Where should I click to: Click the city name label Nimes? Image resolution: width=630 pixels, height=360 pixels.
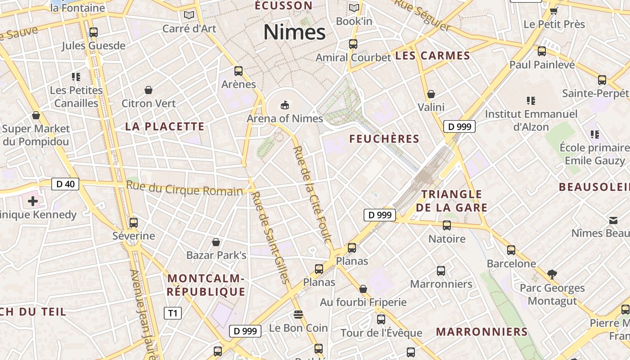pos(294,32)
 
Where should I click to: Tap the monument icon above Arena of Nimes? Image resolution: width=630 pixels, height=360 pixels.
pos(284,105)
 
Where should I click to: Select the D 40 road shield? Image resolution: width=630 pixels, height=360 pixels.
pos(65,184)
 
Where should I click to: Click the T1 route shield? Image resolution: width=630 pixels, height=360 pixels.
pos(173,313)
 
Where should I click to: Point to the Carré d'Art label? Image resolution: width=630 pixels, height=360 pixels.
pos(189,29)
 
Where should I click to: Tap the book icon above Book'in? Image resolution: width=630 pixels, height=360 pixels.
pos(354,8)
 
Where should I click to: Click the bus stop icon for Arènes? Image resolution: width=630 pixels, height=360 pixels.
pos(238,71)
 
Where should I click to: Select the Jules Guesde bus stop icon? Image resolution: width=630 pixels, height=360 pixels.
pos(94,32)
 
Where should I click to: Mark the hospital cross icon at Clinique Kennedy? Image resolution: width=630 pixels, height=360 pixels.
pos(33,201)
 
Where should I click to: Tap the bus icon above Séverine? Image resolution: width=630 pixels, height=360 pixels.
pos(133,223)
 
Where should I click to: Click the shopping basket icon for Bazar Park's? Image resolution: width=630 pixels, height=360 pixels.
pos(216,243)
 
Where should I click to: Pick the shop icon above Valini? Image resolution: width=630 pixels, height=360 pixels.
pos(431,94)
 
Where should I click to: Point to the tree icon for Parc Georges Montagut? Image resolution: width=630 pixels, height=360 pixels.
pos(552,274)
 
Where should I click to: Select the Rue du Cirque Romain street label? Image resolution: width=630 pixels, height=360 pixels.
pos(184,189)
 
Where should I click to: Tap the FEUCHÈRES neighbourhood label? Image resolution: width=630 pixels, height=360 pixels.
pos(384,139)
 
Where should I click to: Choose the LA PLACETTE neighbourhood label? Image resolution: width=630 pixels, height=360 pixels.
pos(165,126)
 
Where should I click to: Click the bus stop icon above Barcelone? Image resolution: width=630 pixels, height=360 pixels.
pos(511,250)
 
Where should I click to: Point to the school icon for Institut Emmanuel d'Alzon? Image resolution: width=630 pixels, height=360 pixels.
pos(531,101)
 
